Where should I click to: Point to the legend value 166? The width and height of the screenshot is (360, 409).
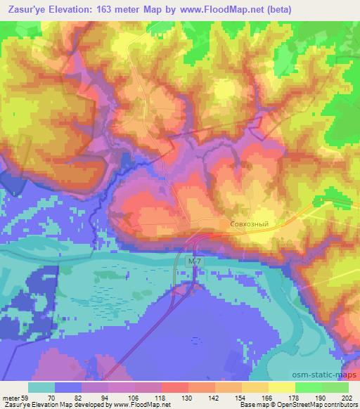click(266, 397)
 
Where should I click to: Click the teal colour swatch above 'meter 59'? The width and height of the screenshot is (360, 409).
click(41, 387)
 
